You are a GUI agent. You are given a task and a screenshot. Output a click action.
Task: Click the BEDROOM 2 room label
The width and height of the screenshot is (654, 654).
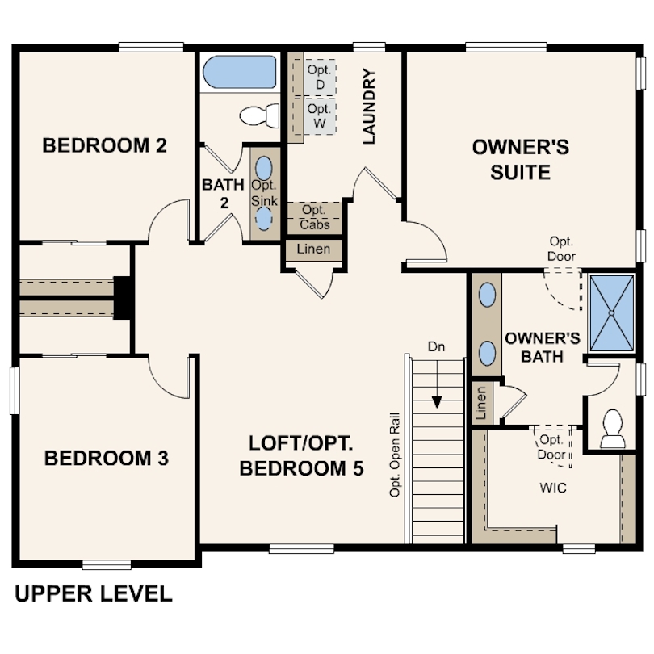point(104,146)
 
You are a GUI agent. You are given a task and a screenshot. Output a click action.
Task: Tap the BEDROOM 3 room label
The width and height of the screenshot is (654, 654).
point(106,459)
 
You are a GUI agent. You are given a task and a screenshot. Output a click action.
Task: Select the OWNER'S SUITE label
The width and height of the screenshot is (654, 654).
point(520,160)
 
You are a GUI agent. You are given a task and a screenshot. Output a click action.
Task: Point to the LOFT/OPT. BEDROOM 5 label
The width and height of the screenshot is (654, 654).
point(301,456)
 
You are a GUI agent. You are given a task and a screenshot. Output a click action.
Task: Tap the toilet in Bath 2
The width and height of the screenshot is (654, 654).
point(258,115)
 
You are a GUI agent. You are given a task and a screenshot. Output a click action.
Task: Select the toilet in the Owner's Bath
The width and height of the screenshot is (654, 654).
point(613,428)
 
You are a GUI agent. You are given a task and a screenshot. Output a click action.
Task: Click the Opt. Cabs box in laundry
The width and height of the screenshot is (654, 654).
point(314,217)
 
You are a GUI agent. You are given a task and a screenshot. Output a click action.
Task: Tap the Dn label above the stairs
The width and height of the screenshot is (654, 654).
point(437,346)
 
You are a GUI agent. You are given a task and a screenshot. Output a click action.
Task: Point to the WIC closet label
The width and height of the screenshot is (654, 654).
point(553,488)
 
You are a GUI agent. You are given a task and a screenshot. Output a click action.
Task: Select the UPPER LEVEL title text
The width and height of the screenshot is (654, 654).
point(94,594)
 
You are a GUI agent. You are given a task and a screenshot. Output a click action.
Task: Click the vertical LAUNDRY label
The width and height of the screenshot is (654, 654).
point(370,107)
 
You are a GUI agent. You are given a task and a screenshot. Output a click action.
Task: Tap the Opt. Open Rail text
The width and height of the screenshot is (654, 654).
point(396,458)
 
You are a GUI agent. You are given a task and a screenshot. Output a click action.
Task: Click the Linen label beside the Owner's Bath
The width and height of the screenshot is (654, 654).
point(480,400)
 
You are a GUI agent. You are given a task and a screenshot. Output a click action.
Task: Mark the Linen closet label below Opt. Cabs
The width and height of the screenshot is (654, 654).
point(313,249)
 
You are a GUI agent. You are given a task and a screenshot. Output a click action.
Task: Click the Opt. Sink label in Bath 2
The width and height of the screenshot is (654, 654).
point(264,191)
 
